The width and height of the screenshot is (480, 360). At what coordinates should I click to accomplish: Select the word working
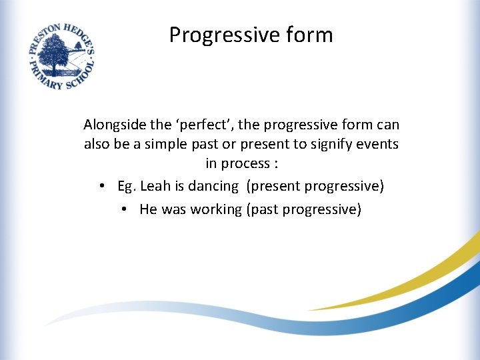coord(217,209)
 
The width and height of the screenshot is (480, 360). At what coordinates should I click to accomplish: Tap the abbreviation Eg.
coord(126,187)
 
